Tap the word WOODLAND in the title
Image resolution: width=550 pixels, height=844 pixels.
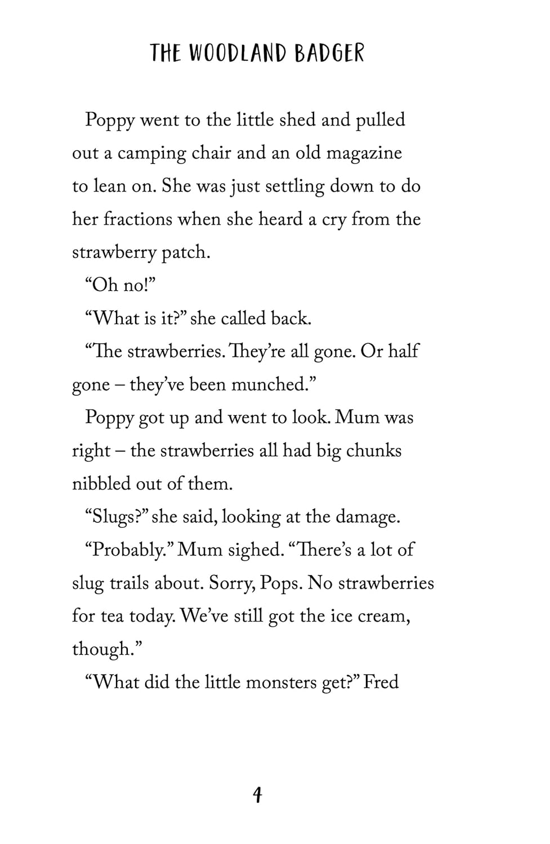tap(237, 53)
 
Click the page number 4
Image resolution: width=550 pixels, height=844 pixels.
tap(257, 794)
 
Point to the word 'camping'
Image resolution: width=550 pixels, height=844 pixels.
tap(151, 154)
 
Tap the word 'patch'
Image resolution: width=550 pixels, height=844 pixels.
tap(185, 253)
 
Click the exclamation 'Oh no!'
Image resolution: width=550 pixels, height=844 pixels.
tap(119, 285)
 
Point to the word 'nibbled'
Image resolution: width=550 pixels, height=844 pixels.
tap(101, 484)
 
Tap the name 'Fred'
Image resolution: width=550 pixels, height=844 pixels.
tap(381, 682)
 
